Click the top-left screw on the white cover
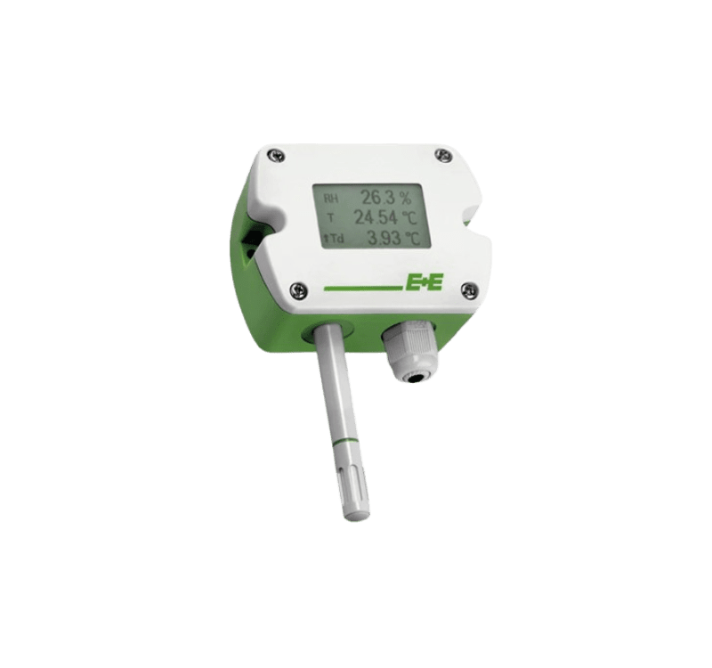coord(277,155)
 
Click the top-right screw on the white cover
coord(442,154)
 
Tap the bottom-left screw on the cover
coord(297,288)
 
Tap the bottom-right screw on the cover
coord(467,289)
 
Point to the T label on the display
coord(330,217)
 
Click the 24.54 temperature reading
coord(376,217)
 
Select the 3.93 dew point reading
coord(384,238)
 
